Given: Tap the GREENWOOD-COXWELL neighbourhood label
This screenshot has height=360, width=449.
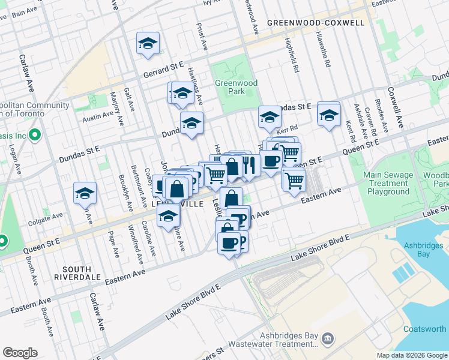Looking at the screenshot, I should click(x=316, y=23).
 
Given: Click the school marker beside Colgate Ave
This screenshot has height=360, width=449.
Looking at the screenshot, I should click(x=85, y=194).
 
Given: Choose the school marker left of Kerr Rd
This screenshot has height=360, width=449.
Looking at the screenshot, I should click(x=270, y=117).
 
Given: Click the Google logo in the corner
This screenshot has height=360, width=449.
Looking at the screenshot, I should click(x=20, y=353).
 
